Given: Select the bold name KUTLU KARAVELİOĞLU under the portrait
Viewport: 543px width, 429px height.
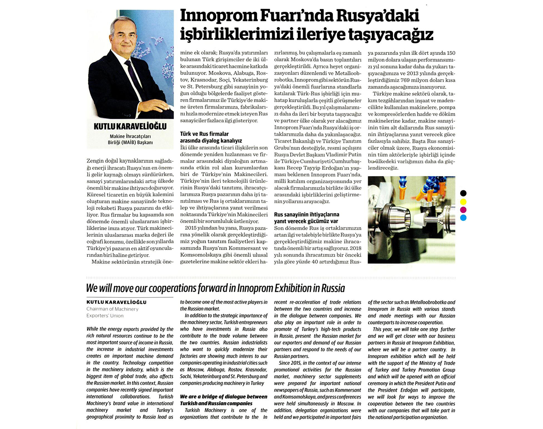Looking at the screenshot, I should pos(130,126).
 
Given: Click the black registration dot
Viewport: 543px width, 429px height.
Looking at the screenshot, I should pos(463,193).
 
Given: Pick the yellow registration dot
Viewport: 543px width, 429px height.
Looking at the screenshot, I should pos(463,201).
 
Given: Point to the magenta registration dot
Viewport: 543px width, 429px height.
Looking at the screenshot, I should pos(463,210).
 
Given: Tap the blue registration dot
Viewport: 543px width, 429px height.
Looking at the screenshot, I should pos(463,218).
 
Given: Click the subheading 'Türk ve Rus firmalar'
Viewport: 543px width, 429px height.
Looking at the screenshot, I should pos(205,134).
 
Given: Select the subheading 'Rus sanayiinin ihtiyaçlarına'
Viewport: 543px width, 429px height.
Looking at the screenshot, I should pos(306,214).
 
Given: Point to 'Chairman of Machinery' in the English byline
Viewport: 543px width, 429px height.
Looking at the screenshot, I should pos(112,309).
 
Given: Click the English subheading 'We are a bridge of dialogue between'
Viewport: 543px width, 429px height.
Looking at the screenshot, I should pos(224,396).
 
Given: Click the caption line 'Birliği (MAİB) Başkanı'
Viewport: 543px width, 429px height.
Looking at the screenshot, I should pos(130,143).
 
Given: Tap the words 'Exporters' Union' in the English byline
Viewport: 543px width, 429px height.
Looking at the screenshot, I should pos(105,316).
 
